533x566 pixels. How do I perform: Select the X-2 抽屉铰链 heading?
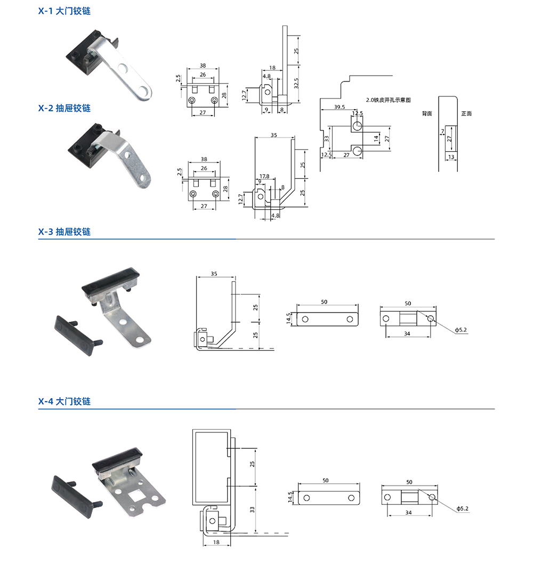[x=64, y=108]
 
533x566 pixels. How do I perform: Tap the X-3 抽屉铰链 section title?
[x=64, y=232]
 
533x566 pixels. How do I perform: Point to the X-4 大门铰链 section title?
[x=64, y=401]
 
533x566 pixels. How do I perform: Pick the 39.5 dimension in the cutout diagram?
[x=339, y=106]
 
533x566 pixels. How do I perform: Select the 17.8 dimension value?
[x=264, y=176]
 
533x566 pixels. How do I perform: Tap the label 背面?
[x=426, y=113]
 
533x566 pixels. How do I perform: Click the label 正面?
[x=466, y=113]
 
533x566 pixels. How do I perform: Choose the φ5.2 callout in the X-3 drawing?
[x=462, y=331]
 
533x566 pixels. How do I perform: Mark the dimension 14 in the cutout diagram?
[x=376, y=137]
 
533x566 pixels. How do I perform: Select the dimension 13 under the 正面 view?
[x=451, y=157]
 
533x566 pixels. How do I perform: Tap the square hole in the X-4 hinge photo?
[x=134, y=499]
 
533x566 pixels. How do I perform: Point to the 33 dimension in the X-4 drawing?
[x=253, y=508]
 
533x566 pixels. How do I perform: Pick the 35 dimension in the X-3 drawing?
[x=214, y=274]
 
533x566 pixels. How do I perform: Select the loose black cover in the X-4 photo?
[x=72, y=495]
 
